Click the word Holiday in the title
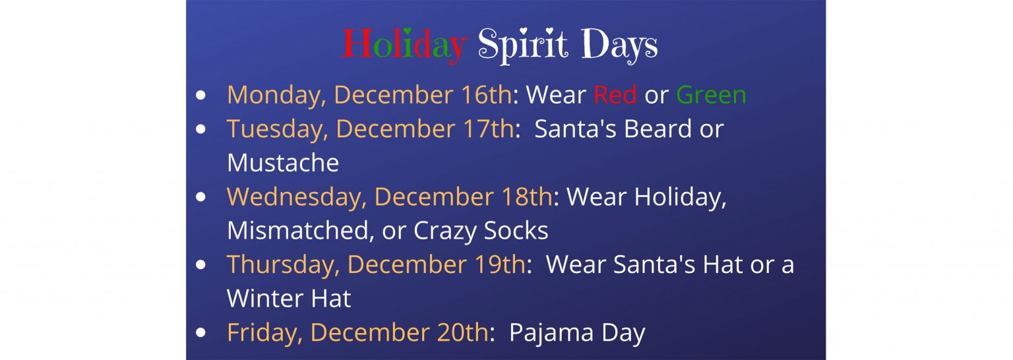click(404, 45)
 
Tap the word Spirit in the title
click(523, 45)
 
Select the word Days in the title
click(619, 45)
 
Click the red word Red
click(615, 95)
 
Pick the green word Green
click(711, 95)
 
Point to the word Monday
click(276, 96)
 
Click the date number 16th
click(487, 95)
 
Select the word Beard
click(658, 129)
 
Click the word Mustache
click(283, 163)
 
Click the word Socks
click(516, 231)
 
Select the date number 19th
click(500, 264)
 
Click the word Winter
click(259, 299)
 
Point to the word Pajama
click(551, 334)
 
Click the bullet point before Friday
click(200, 333)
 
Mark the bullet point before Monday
click(200, 95)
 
